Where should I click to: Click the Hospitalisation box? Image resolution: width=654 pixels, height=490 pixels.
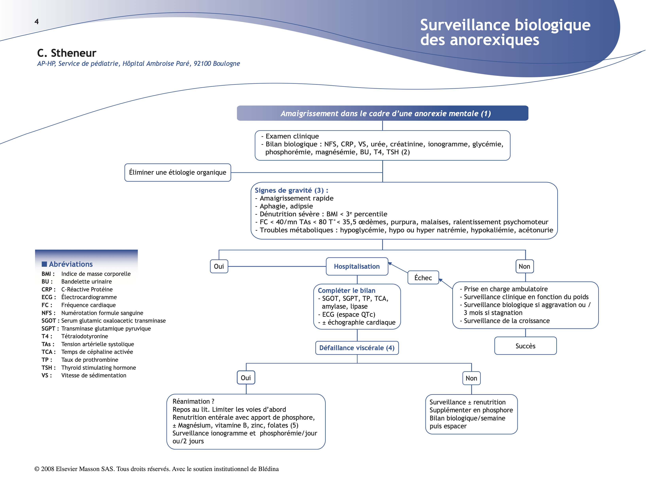[x=357, y=266]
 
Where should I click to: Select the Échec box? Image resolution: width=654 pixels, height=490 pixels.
[x=423, y=278]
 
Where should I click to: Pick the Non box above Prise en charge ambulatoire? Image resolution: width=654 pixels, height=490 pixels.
[x=524, y=266]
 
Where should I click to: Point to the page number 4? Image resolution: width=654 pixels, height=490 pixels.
[x=37, y=22]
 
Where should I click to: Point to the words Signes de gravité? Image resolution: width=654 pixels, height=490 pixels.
[x=283, y=190]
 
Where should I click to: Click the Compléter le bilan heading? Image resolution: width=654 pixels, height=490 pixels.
[x=346, y=291]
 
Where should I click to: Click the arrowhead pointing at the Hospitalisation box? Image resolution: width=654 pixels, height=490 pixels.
[x=390, y=263]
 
